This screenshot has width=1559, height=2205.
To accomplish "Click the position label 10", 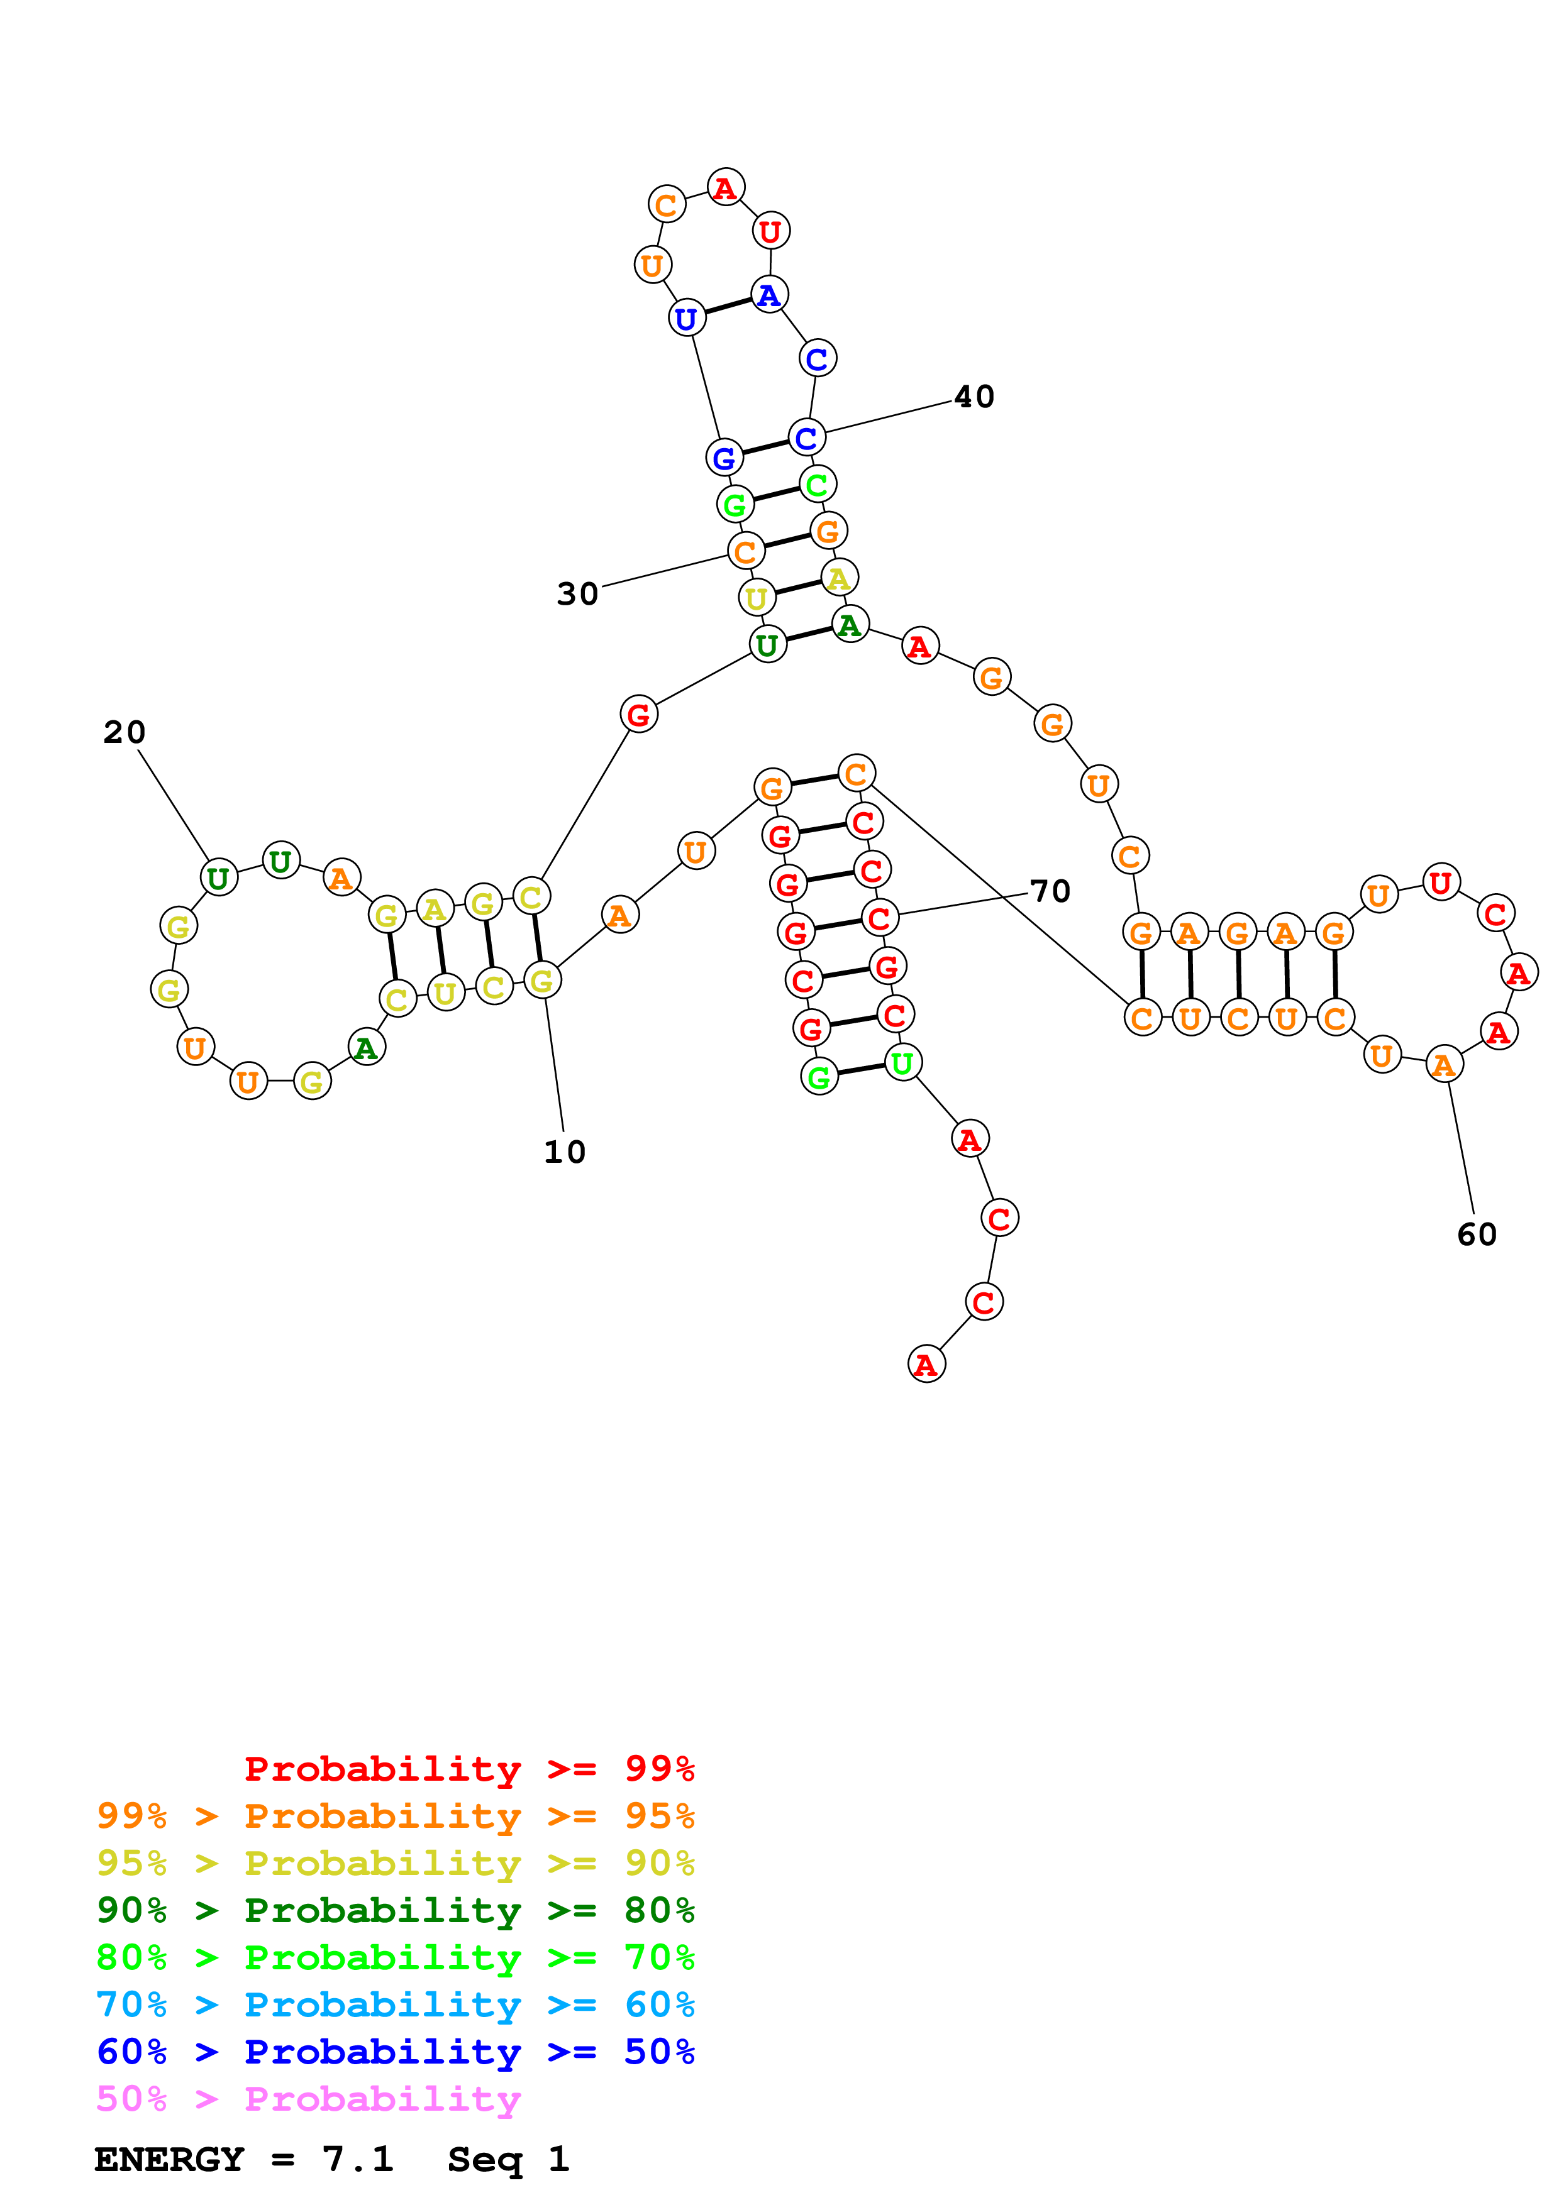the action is tap(564, 1152).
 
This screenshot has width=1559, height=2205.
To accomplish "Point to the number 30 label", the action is tap(577, 593).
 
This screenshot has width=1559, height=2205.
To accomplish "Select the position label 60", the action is tap(1477, 1234).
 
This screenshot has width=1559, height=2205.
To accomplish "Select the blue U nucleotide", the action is tap(686, 318).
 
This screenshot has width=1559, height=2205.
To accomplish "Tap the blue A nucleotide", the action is tap(768, 295).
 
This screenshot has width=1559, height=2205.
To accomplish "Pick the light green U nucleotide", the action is tap(902, 1062).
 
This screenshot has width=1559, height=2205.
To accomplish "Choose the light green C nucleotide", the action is tap(816, 484).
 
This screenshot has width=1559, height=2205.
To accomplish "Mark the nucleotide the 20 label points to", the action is tap(219, 877).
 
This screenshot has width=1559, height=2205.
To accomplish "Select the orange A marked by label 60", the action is tap(1443, 1064).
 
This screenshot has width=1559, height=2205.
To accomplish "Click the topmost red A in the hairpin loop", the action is tap(725, 187).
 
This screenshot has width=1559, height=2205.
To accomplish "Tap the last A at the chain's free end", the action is tap(926, 1364).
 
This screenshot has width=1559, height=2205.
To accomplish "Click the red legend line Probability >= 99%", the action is tap(469, 1768).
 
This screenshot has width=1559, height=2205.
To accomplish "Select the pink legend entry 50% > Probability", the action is tap(308, 2098).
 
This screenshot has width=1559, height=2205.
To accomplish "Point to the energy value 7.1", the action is tap(357, 2159).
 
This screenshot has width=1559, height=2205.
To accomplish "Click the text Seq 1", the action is tap(508, 2159).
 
